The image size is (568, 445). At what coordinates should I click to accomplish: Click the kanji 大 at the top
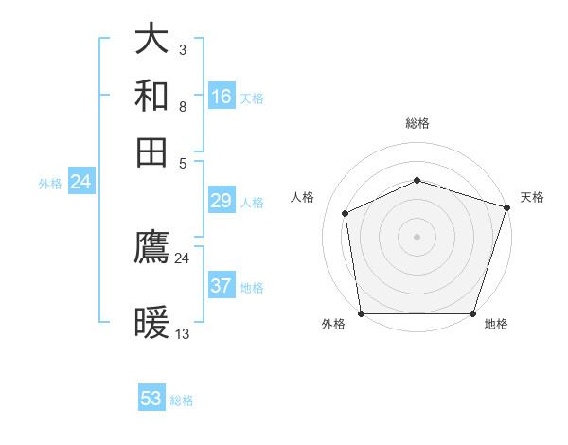point(152,39)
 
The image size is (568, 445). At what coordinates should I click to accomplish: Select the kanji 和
point(152,96)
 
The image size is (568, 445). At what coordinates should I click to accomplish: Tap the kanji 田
point(152,152)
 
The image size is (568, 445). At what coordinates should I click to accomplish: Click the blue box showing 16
point(222,96)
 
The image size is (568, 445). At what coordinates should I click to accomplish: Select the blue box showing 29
point(222,201)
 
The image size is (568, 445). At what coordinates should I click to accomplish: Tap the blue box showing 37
point(222,286)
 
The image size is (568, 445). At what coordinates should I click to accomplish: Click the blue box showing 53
point(151,399)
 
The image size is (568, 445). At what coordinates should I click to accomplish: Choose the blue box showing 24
point(80,182)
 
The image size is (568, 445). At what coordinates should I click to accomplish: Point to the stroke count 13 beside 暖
point(183,333)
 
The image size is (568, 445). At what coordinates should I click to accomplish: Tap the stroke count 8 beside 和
point(182,106)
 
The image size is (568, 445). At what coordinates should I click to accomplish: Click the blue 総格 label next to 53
point(182,400)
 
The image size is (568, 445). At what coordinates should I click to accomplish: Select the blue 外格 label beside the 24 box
point(49,184)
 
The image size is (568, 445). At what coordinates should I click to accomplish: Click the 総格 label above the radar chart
point(417,123)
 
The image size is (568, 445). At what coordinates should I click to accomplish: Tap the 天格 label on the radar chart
point(532,197)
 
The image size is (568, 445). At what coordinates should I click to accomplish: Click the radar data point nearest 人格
point(346,213)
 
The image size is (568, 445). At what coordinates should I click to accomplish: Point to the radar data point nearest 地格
point(473,313)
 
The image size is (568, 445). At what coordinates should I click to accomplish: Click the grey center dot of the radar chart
point(417,236)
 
